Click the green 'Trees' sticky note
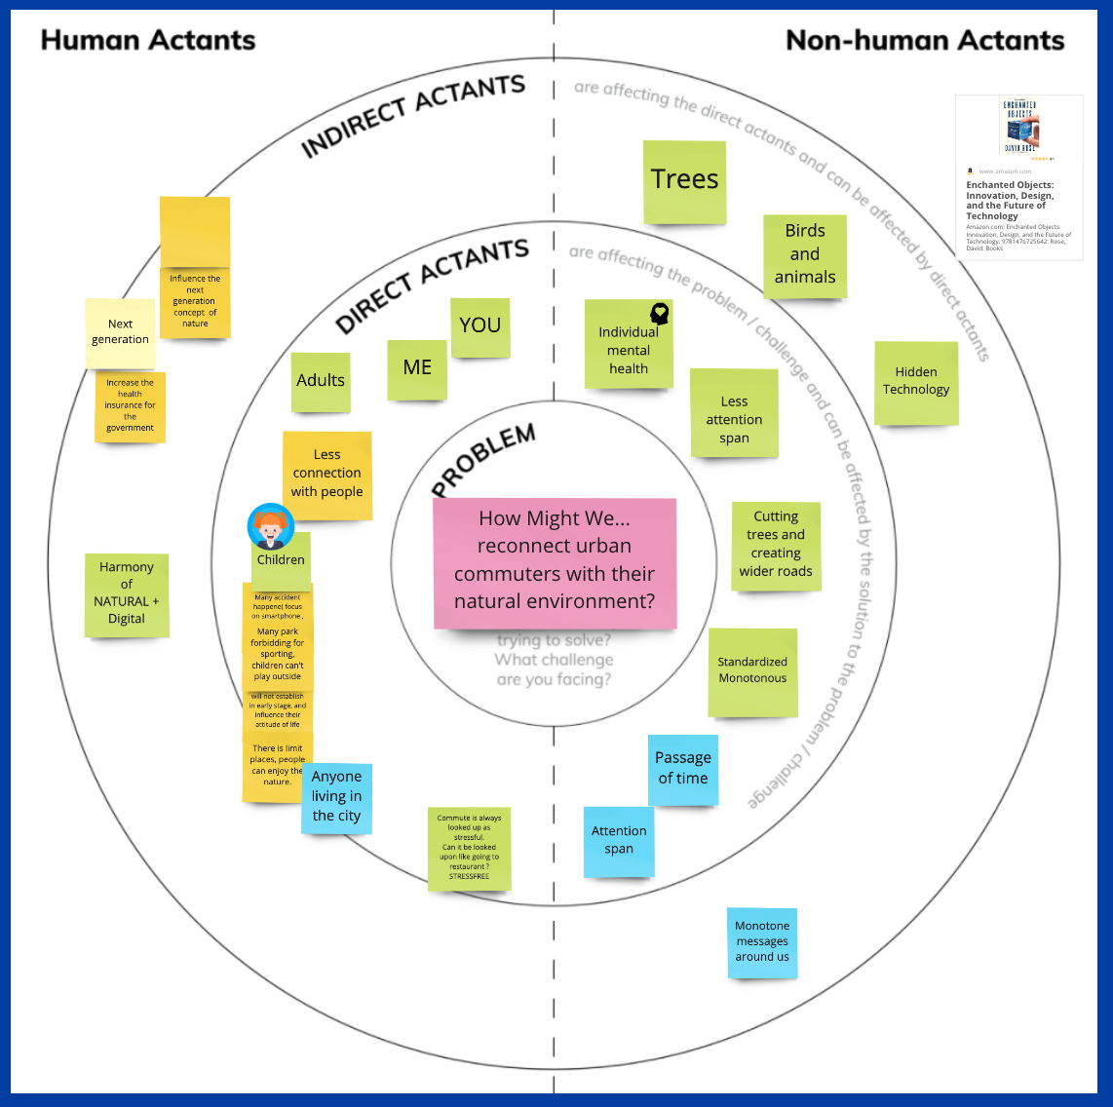[x=684, y=181]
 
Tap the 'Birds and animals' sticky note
[x=804, y=255]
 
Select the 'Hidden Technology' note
[x=915, y=382]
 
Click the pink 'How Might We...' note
[x=555, y=562]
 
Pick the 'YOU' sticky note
[x=480, y=327]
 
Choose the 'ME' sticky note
[x=417, y=368]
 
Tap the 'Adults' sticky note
[x=321, y=381]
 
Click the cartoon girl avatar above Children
[x=270, y=526]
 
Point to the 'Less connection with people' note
[x=326, y=475]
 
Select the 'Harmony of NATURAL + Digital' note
[x=127, y=593]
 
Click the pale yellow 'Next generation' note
[x=120, y=332]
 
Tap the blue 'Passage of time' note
[x=682, y=769]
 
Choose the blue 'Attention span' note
[x=619, y=840]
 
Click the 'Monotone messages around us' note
[x=762, y=941]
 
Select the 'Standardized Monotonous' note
[x=752, y=671]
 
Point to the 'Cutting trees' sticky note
[x=776, y=545]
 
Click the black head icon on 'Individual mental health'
[x=660, y=314]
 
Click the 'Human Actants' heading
[x=148, y=40]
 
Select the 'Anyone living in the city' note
[x=336, y=797]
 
